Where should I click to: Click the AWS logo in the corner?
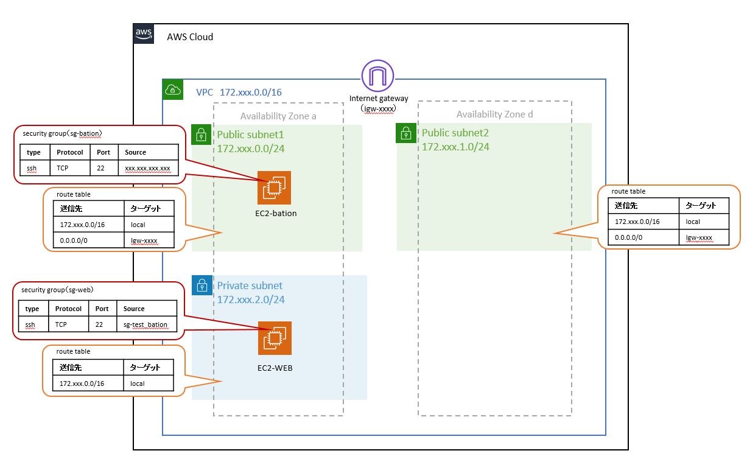point(144,35)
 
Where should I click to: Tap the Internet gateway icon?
point(377,77)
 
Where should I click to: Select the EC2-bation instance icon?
point(274,187)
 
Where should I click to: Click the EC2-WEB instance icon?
point(275,338)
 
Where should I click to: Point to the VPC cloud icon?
point(173,90)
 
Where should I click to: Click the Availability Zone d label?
point(494,114)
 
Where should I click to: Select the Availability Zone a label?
point(278,116)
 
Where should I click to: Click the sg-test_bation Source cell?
point(146,325)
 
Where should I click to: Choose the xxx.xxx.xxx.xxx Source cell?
point(148,168)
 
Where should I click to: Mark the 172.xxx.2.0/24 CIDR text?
point(251,300)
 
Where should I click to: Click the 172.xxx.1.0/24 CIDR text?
point(455,147)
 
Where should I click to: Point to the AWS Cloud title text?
point(190,37)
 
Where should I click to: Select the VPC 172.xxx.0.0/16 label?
point(238,93)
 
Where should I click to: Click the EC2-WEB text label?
point(275,367)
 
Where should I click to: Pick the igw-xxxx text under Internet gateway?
point(377,108)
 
